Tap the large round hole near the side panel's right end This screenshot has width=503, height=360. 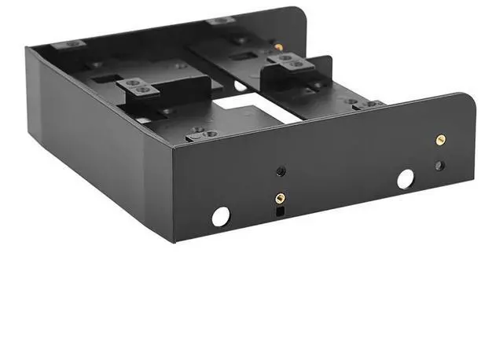(406, 179)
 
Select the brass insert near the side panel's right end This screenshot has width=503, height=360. (440, 140)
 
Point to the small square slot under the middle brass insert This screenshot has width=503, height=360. (278, 211)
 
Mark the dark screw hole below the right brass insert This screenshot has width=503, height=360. (440, 166)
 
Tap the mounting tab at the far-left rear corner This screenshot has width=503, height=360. (75, 43)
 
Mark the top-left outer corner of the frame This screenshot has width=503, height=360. (27, 49)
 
